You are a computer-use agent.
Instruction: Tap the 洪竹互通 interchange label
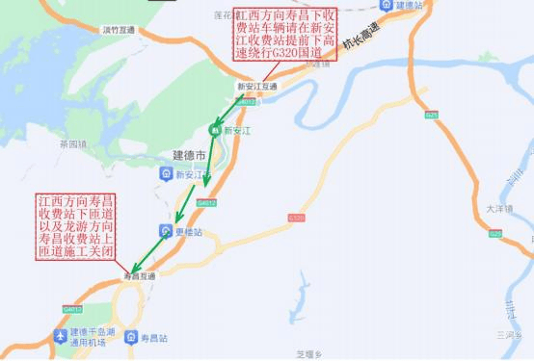tap(119, 30)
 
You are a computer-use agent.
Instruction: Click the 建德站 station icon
tap(387, 5)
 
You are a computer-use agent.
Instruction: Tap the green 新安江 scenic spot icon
tap(216, 129)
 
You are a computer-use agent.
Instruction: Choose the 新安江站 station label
tap(193, 174)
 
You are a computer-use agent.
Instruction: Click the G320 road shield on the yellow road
tap(295, 219)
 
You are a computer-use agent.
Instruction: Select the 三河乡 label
tap(509, 334)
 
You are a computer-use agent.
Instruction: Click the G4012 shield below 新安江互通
tap(247, 100)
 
